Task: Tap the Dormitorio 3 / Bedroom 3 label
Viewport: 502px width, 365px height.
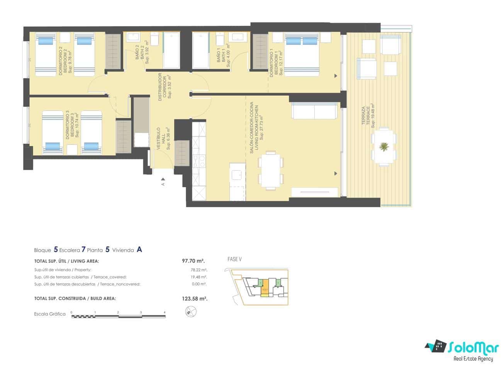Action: [72, 125]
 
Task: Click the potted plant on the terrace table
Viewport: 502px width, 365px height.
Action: [384, 147]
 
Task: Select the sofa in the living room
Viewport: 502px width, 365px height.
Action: [314, 111]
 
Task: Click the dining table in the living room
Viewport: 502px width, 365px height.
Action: [270, 170]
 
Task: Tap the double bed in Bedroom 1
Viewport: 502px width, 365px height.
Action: [302, 54]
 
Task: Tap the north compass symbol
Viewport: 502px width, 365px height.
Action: [190, 311]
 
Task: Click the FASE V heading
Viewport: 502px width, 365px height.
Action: [234, 260]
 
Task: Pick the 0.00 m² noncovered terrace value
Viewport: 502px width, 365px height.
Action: [199, 284]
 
